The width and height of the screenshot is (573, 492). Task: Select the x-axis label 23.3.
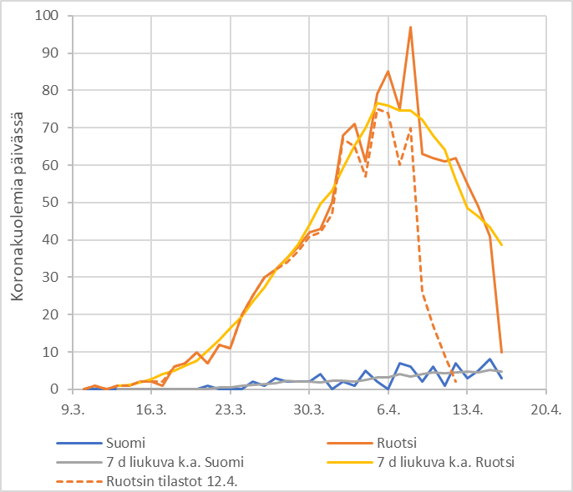[230, 409]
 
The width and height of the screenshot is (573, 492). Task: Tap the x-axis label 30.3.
[309, 409]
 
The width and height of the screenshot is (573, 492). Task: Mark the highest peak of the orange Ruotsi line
[411, 27]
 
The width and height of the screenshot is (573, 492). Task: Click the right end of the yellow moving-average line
[501, 245]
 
